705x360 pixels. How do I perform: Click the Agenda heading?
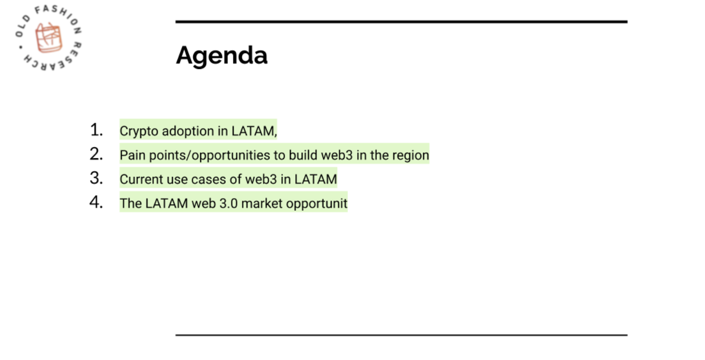(x=222, y=56)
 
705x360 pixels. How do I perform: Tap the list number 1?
(x=96, y=130)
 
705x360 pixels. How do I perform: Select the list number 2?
(x=96, y=154)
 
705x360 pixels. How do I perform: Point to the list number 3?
(x=96, y=178)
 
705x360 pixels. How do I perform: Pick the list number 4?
(x=96, y=202)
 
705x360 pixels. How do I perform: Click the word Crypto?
(x=139, y=132)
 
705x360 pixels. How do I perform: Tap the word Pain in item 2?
(x=133, y=156)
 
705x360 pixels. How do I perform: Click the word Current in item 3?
(x=141, y=179)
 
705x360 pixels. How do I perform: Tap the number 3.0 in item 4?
(x=228, y=203)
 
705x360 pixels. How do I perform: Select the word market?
(x=262, y=203)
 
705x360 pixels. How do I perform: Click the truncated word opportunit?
(x=317, y=204)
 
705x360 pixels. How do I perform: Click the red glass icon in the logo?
(x=48, y=38)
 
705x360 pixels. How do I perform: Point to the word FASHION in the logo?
(x=59, y=14)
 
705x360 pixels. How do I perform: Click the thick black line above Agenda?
(x=401, y=22)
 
